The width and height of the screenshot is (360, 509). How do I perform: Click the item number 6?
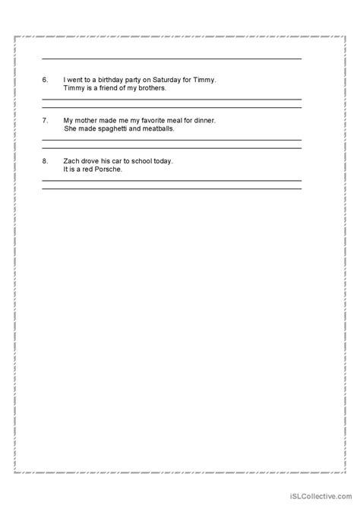pos(46,80)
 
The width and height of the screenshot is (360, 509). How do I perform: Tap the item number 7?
pos(46,121)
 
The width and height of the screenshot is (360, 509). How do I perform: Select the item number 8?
pos(46,161)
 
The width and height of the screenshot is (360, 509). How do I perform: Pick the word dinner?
pos(203,121)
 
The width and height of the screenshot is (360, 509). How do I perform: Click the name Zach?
pos(71,161)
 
